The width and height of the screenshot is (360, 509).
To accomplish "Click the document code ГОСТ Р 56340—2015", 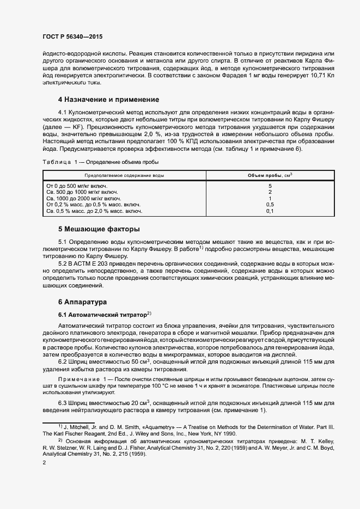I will (72, 36).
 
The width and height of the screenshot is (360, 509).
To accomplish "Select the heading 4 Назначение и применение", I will (108, 100).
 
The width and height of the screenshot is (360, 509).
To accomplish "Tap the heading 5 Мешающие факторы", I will (99, 229).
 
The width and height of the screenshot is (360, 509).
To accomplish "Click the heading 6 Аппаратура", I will (82, 302).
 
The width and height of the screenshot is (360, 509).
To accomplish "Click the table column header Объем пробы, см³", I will (270, 175).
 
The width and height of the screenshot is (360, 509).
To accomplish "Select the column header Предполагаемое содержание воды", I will (124, 175).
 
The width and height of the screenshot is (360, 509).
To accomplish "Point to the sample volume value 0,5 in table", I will (270, 204).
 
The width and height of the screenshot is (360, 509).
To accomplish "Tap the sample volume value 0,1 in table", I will (270, 211).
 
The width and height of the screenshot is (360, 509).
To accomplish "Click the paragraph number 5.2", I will (63, 263).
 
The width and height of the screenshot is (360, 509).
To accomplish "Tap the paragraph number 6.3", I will (63, 402).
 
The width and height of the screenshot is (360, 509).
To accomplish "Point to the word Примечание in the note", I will (76, 378).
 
